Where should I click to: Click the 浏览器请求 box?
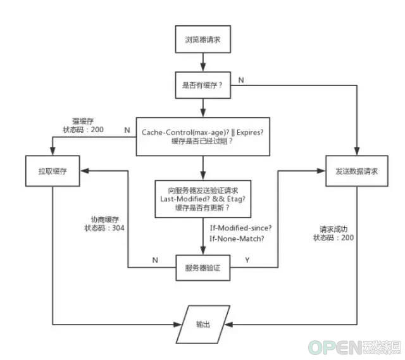click(202, 39)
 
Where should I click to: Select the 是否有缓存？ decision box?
click(202, 85)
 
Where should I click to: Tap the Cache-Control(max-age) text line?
click(202, 132)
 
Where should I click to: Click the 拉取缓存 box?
click(53, 171)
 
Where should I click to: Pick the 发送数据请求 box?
click(357, 171)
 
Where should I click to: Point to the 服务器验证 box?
click(202, 268)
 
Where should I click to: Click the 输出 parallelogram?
click(202, 325)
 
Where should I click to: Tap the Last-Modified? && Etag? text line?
click(202, 199)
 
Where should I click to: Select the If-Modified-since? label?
click(240, 228)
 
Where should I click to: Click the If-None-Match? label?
click(237, 239)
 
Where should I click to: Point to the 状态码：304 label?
click(104, 228)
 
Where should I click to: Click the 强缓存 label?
click(83, 121)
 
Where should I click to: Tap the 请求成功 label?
click(333, 229)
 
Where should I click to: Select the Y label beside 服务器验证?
click(247, 260)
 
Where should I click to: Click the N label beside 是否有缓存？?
click(241, 80)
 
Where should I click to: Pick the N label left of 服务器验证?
click(155, 260)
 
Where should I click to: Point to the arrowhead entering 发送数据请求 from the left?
click(321, 171)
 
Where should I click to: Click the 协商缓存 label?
click(105, 220)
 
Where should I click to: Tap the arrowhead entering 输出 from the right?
click(228, 325)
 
